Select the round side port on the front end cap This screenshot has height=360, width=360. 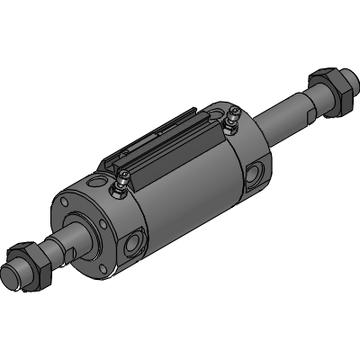tap(136, 241)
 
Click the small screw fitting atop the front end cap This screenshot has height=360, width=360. tap(118, 186)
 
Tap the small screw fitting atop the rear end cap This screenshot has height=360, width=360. tap(231, 116)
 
